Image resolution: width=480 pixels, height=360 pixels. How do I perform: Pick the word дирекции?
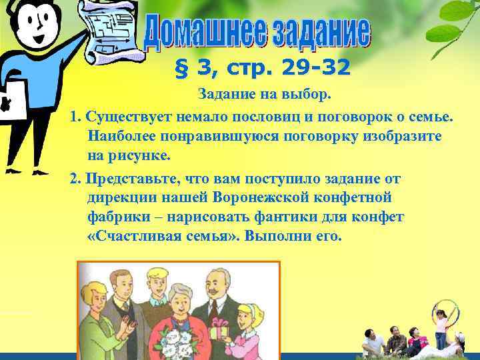click(x=116, y=198)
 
